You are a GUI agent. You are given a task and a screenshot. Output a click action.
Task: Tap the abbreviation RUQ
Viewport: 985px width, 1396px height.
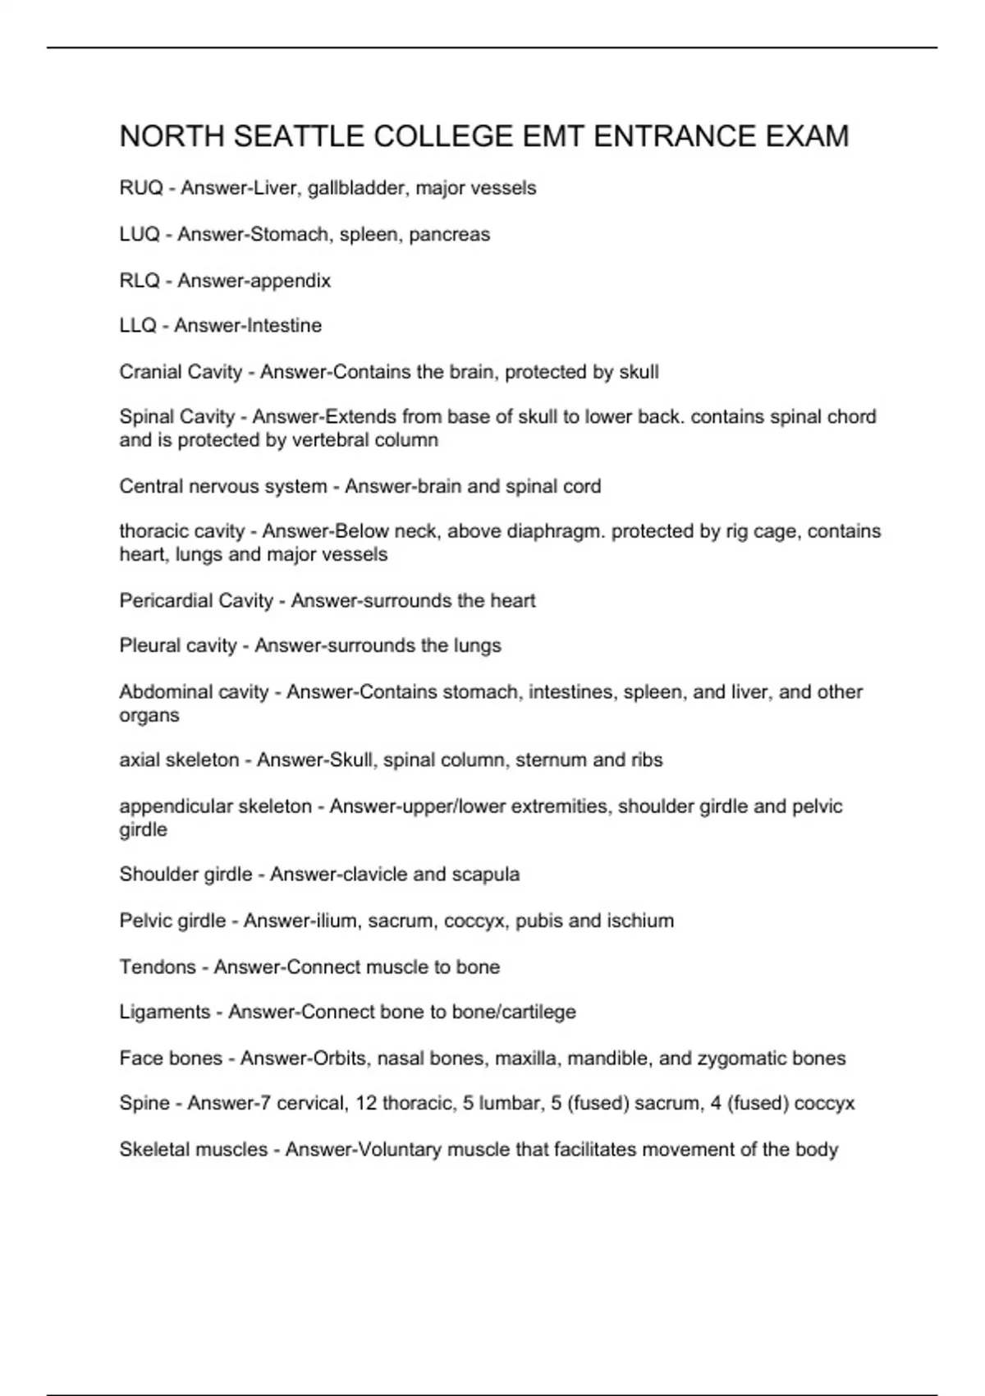click(x=140, y=188)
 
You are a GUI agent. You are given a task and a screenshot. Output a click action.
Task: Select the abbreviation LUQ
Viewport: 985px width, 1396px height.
click(x=139, y=235)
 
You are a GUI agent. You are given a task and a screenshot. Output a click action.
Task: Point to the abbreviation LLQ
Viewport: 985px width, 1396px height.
click(x=137, y=326)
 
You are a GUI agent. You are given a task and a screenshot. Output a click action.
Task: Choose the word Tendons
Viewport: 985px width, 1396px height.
click(x=157, y=967)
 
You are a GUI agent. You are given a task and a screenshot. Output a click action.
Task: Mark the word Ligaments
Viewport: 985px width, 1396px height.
click(x=164, y=1013)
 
